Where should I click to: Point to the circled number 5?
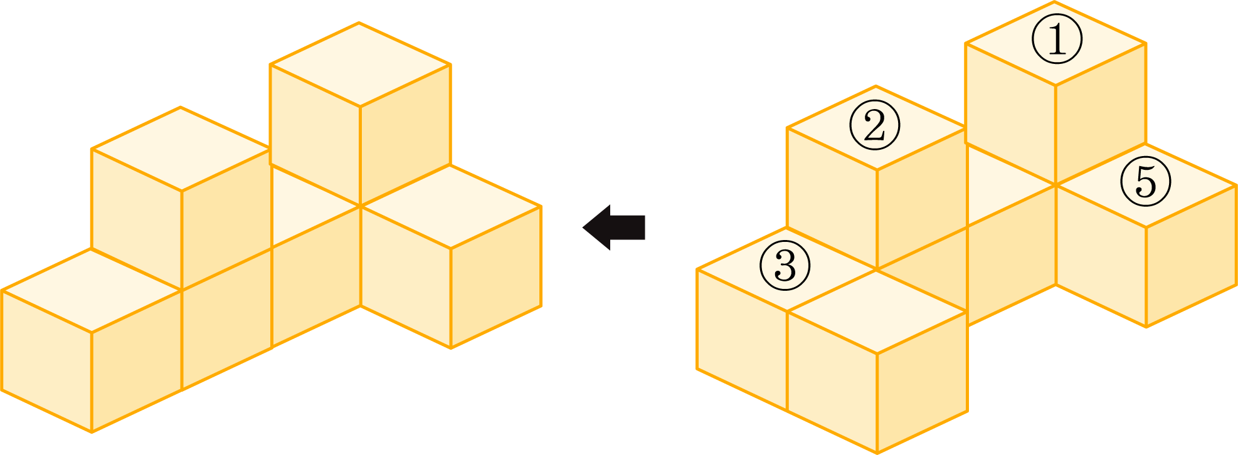pyautogui.click(x=1146, y=182)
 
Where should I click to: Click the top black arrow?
pyautogui.click(x=614, y=227)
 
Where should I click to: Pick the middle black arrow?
pyautogui.click(x=614, y=330)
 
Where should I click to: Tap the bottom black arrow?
pyautogui.click(x=614, y=432)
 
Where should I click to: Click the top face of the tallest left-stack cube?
pyautogui.click(x=360, y=64)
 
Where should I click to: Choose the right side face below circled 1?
pyautogui.click(x=1101, y=113)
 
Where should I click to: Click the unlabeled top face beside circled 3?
pyautogui.click(x=876, y=311)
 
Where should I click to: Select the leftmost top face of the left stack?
pyautogui.click(x=92, y=290)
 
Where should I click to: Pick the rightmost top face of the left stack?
pyautogui.click(x=450, y=206)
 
